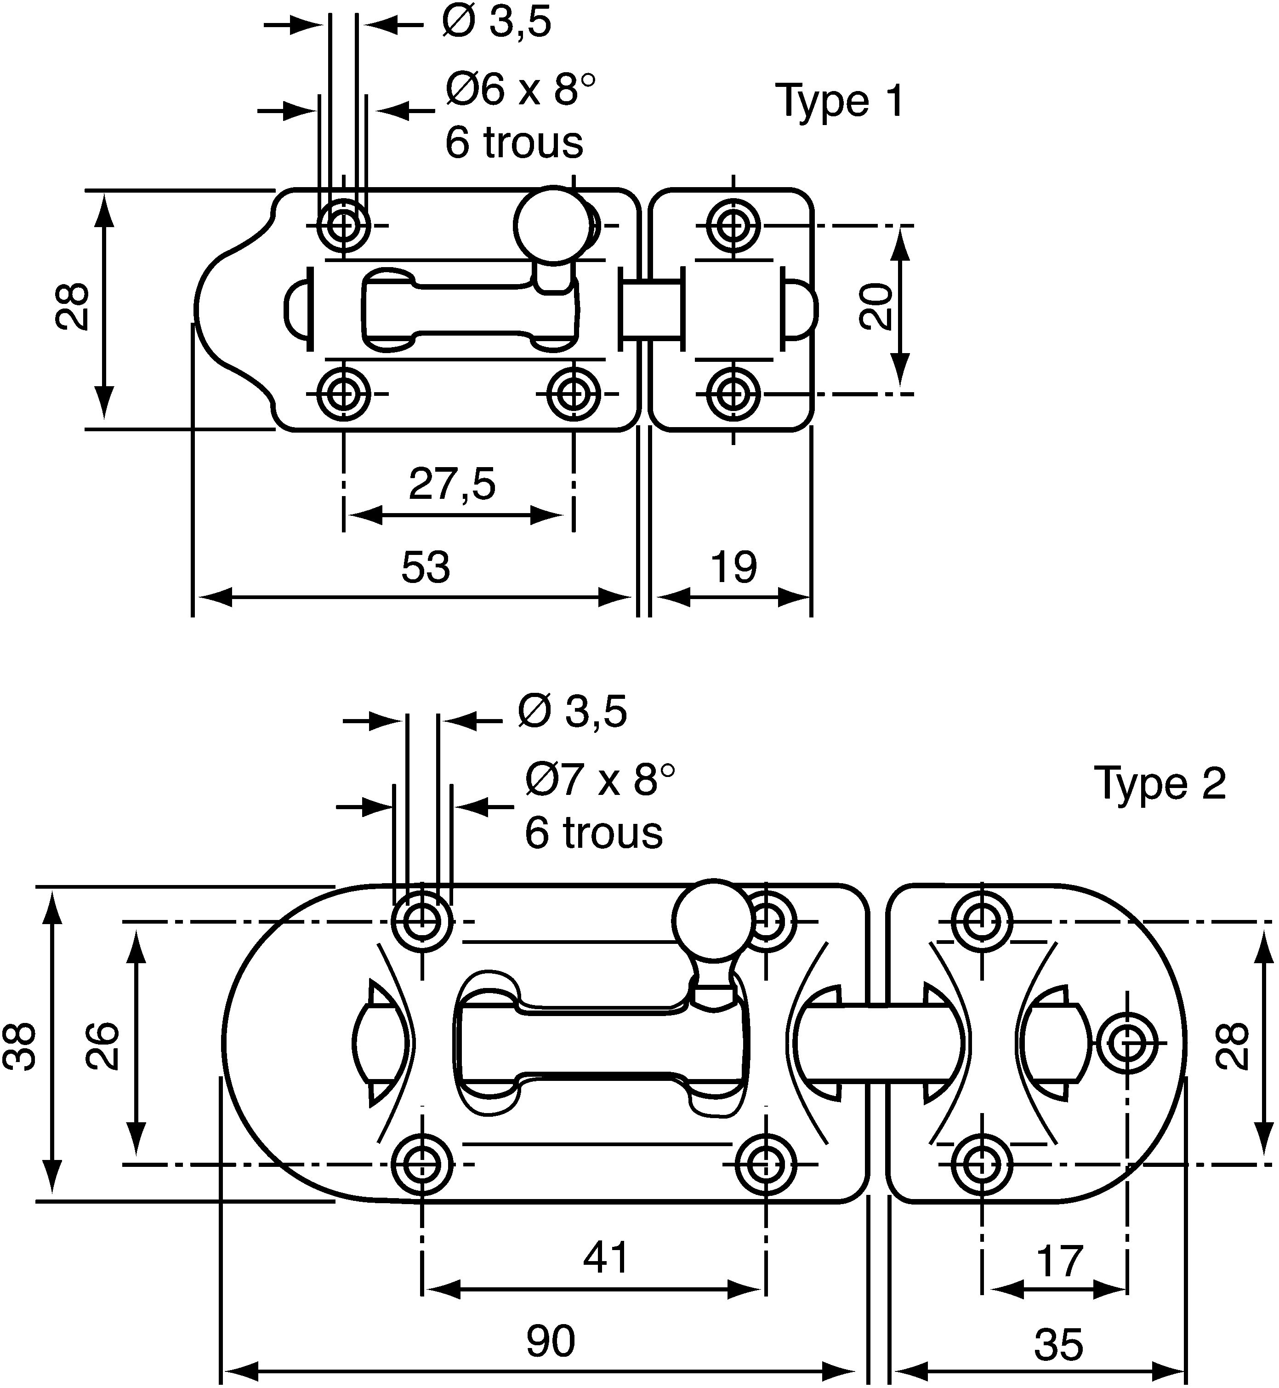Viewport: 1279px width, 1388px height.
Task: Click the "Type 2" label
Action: click(x=1160, y=784)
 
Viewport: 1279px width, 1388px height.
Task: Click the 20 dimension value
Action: click(x=875, y=307)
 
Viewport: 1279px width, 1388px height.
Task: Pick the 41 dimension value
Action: click(x=606, y=1257)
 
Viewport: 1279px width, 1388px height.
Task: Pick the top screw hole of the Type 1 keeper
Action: click(x=733, y=225)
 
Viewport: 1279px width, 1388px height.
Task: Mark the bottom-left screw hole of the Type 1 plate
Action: click(x=343, y=394)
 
